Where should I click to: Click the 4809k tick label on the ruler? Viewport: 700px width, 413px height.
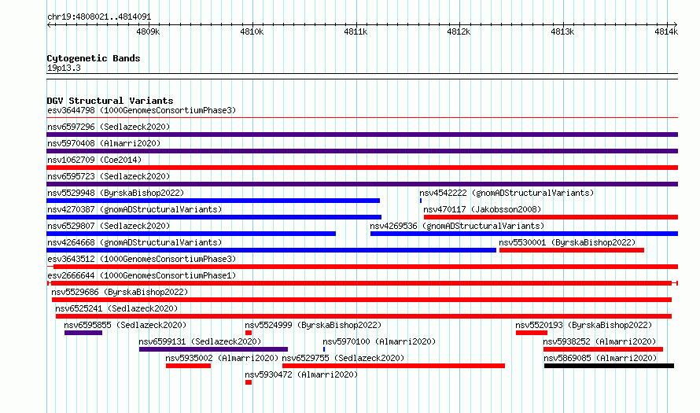pos(148,31)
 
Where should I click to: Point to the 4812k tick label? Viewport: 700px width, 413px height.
pos(459,31)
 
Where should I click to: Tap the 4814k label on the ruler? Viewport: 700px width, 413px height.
pos(666,31)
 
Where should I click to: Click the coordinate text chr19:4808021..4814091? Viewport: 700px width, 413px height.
pos(99,17)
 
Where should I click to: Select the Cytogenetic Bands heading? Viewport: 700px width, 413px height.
pos(94,58)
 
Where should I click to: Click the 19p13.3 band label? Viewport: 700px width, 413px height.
pos(64,68)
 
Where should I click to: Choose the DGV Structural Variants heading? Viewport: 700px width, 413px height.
pos(110,101)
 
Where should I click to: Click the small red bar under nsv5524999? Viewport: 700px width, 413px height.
pos(249,333)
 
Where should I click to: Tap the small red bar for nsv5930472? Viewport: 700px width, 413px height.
pos(249,382)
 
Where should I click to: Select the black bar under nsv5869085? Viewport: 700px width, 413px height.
pos(609,366)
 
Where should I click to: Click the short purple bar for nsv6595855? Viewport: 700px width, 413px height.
pos(83,333)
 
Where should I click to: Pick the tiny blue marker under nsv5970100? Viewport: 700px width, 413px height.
pos(324,349)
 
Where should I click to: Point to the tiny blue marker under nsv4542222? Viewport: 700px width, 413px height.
pos(421,201)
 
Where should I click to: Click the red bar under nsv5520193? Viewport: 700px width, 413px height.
pos(532,333)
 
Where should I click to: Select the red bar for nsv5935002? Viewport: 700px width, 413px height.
pos(189,366)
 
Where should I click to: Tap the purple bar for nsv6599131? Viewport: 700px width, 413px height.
pos(213,349)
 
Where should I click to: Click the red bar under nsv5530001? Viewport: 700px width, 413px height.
pos(572,250)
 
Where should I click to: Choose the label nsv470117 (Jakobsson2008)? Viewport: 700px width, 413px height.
pos(482,209)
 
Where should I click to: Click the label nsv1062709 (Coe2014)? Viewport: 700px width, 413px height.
pos(94,160)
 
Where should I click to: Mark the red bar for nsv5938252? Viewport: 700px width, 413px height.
pos(603,349)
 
